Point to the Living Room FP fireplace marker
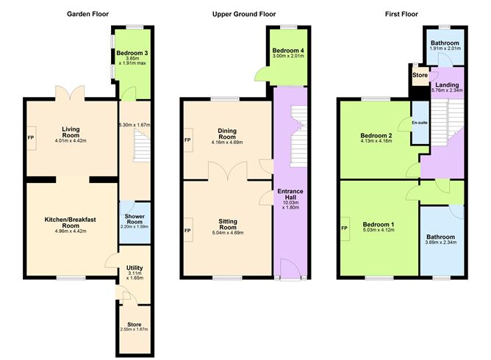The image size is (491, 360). [x=31, y=137]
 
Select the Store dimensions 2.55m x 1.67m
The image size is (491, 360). [x=134, y=328]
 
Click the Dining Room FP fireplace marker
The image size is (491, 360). [x=188, y=140]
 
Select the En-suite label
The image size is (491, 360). [x=420, y=123]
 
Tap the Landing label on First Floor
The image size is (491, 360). [x=448, y=85]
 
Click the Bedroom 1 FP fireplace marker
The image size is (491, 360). [x=344, y=228]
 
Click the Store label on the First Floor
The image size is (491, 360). [x=420, y=75]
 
